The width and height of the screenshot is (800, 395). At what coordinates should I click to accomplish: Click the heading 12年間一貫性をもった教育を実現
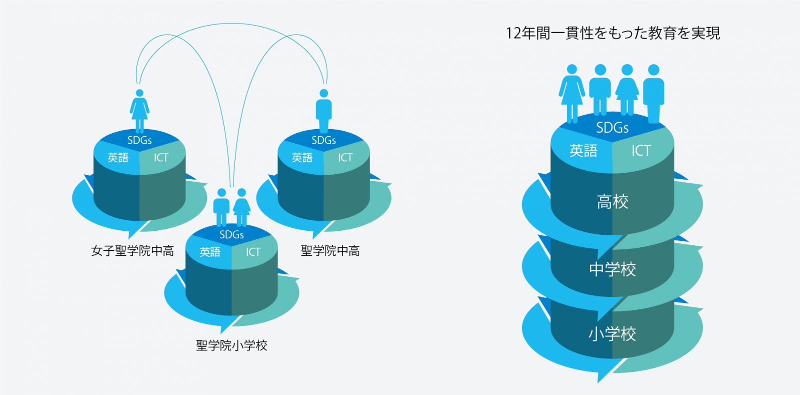click(x=613, y=33)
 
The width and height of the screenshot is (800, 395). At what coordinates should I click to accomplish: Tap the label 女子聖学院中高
click(x=132, y=251)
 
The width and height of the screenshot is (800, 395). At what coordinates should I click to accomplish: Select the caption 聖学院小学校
click(x=232, y=345)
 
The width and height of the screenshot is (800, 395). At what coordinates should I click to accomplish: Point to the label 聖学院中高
click(x=330, y=251)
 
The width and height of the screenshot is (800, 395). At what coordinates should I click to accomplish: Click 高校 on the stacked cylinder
click(x=612, y=202)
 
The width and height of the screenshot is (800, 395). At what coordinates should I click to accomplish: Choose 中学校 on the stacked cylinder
click(x=612, y=269)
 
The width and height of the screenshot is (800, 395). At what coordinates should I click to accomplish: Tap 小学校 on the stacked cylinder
click(x=612, y=334)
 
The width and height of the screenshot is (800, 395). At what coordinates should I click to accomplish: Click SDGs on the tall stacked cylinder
click(x=612, y=128)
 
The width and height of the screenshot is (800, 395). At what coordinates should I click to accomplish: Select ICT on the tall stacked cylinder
click(x=641, y=151)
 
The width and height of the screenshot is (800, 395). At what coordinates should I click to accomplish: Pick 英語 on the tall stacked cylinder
click(x=583, y=151)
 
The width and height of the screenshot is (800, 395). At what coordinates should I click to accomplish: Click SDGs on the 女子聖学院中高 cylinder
click(x=139, y=141)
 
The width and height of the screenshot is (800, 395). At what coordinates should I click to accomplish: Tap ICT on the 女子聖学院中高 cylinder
click(x=161, y=158)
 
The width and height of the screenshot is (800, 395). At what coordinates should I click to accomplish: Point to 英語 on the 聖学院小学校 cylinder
click(x=210, y=252)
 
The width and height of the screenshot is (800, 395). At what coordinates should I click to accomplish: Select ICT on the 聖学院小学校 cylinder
click(x=253, y=252)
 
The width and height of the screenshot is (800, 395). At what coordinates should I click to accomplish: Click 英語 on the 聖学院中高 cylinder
click(x=302, y=158)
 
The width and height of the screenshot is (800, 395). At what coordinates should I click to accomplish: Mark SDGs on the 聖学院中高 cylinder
click(x=324, y=141)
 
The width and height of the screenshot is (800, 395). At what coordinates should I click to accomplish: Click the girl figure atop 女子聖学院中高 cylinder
click(x=139, y=111)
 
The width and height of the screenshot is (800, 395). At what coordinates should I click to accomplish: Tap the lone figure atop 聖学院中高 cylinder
click(x=324, y=111)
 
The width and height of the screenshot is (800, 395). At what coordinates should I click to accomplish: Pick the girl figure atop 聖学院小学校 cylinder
click(x=242, y=207)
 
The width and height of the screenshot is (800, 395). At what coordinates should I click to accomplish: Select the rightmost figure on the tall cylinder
click(x=653, y=94)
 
